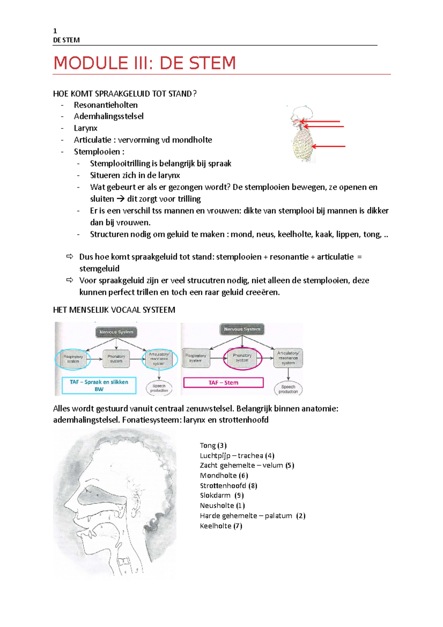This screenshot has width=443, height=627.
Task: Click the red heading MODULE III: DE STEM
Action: pyautogui.click(x=145, y=63)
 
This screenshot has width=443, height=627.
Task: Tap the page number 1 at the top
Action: pyautogui.click(x=55, y=31)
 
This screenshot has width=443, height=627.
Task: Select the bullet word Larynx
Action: pyautogui.click(x=85, y=128)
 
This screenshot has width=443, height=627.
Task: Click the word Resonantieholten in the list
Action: pyautogui.click(x=106, y=105)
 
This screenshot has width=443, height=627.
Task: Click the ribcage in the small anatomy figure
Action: pyautogui.click(x=303, y=146)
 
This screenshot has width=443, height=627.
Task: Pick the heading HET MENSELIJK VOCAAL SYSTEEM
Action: pyautogui.click(x=114, y=310)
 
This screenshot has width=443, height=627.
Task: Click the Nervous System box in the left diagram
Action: pyautogui.click(x=116, y=332)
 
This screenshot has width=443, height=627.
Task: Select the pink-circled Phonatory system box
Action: pyautogui.click(x=242, y=358)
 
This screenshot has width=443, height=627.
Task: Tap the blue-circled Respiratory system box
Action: pyautogui.click(x=73, y=359)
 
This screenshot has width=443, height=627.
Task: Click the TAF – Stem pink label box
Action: pyautogui.click(x=223, y=383)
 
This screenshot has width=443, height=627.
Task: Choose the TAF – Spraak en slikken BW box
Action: pyautogui.click(x=99, y=386)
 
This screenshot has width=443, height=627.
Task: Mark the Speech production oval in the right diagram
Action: pyautogui.click(x=288, y=389)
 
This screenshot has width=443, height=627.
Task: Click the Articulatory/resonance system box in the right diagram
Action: pyautogui.click(x=288, y=358)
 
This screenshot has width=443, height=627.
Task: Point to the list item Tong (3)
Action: pyautogui.click(x=213, y=445)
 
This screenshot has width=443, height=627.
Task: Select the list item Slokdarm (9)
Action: pyautogui.click(x=221, y=495)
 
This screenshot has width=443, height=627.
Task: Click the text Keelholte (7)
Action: pyautogui.click(x=221, y=526)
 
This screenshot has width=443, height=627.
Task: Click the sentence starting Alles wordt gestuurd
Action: pyautogui.click(x=196, y=409)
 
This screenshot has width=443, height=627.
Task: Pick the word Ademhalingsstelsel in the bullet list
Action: pyautogui.click(x=109, y=116)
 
